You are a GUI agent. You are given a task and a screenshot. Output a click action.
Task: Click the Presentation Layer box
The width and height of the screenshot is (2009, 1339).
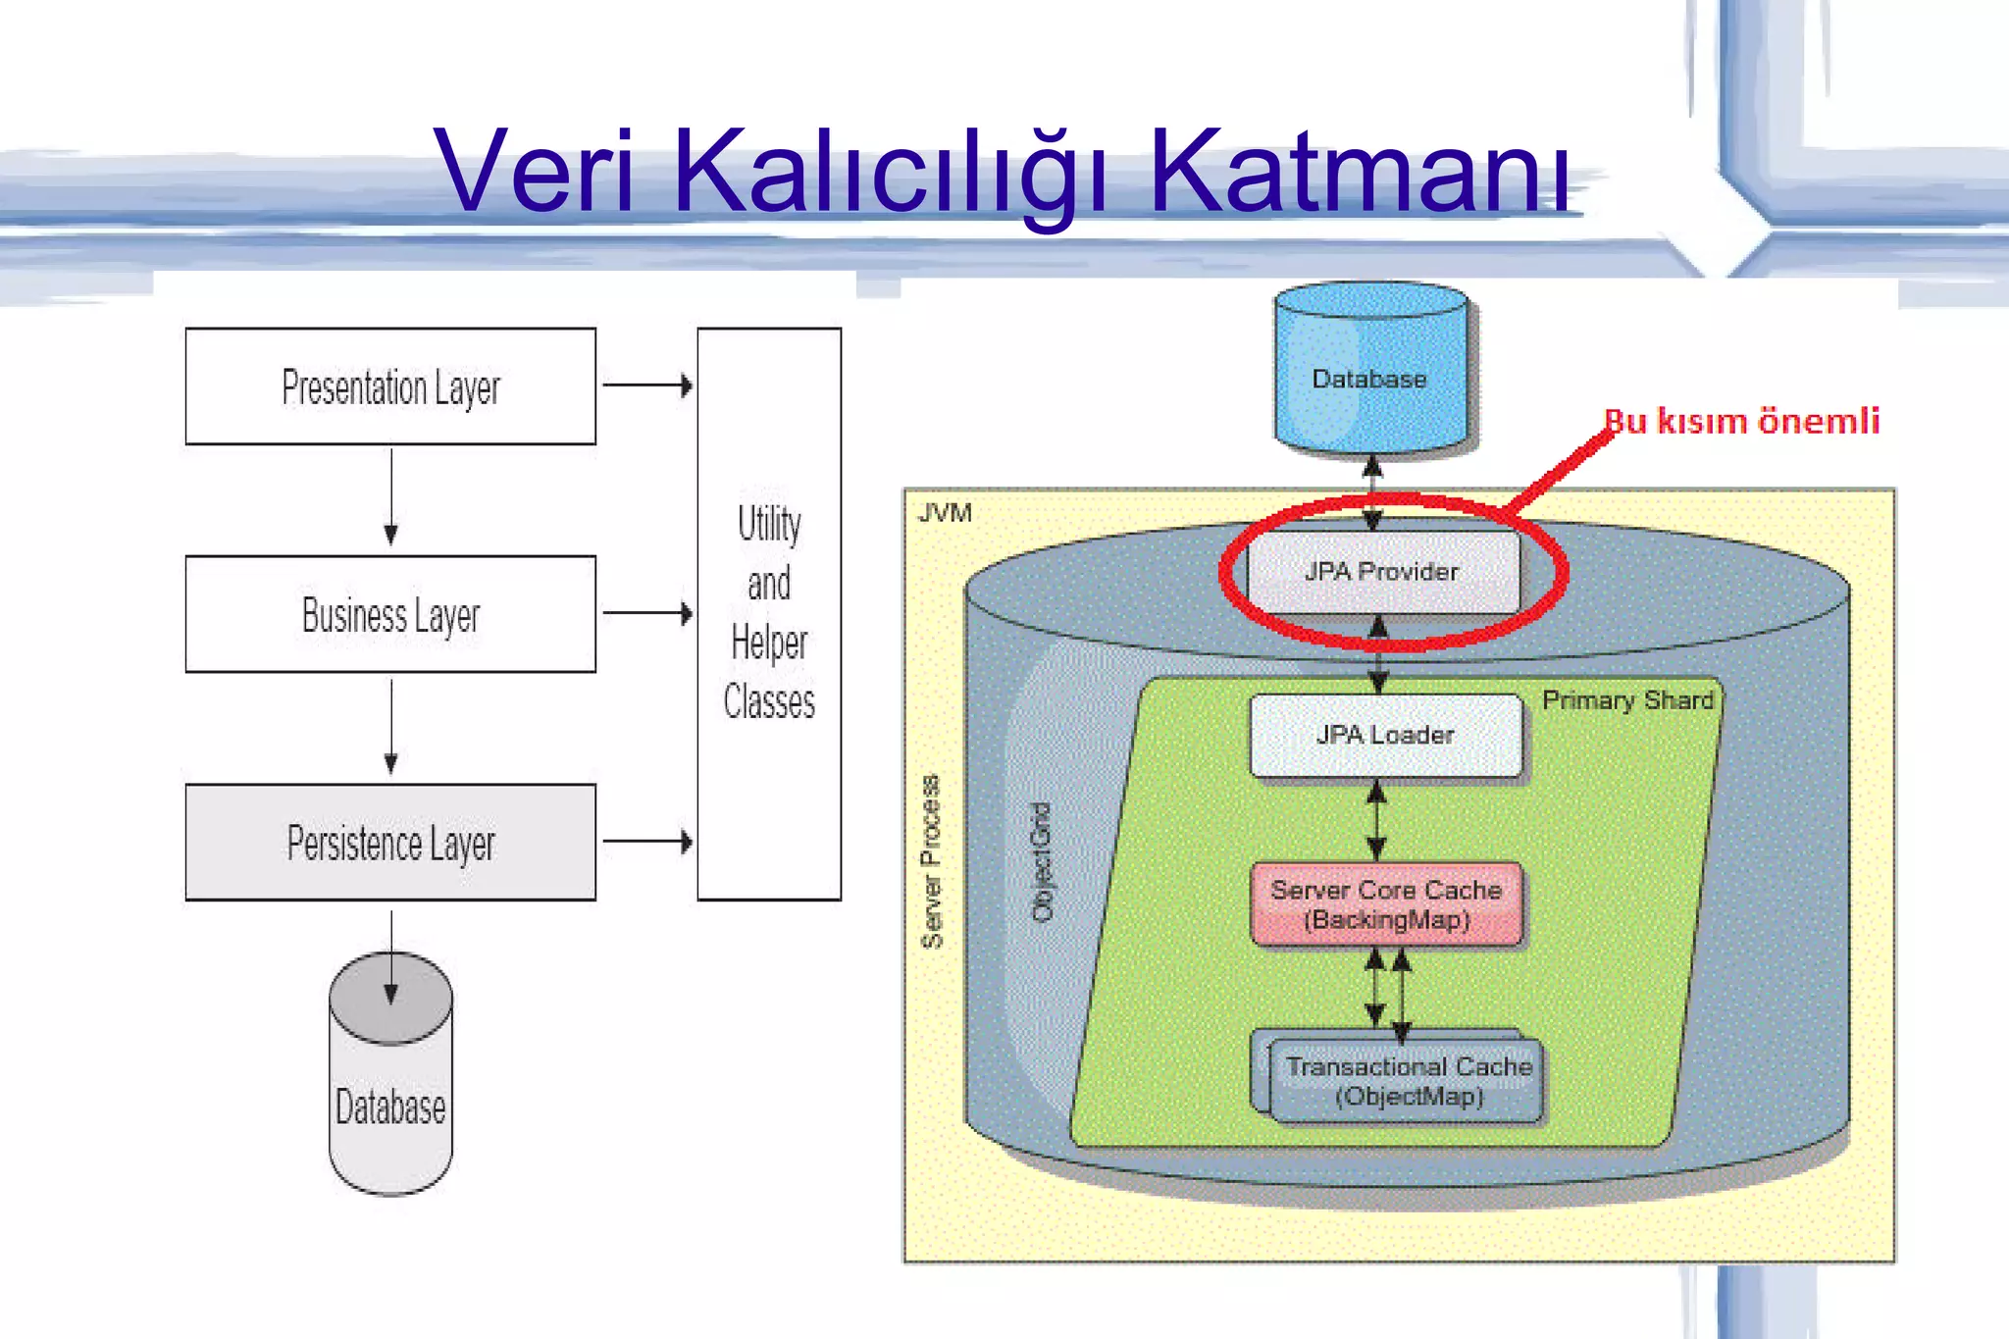coord(390,386)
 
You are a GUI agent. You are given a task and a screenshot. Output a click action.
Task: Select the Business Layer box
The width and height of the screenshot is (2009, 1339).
coord(390,614)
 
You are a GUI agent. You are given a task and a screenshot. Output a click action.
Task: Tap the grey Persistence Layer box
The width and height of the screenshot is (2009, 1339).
coord(390,843)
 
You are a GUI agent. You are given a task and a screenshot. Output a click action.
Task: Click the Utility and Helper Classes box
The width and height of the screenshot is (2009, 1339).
coord(769,614)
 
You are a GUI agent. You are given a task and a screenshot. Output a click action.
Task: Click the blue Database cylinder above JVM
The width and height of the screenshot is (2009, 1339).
coord(1370,373)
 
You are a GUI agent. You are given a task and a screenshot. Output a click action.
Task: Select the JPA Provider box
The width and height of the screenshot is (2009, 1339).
coord(1382,571)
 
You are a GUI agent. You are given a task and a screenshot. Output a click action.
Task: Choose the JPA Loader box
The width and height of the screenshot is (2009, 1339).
coord(1385,735)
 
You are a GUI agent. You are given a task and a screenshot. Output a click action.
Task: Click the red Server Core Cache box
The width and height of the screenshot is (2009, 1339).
coord(1386,904)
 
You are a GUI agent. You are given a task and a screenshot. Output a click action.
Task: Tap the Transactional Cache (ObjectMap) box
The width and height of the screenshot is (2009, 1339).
coord(1408,1081)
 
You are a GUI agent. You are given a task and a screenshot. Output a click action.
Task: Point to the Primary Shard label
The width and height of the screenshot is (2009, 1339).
coord(1627,700)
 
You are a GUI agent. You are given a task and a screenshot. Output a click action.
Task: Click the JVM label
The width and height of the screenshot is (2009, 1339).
coord(945,513)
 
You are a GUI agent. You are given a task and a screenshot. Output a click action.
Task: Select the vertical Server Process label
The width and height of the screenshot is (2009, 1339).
coord(931,861)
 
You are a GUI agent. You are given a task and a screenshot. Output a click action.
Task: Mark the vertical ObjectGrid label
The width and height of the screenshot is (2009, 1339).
coord(1042,861)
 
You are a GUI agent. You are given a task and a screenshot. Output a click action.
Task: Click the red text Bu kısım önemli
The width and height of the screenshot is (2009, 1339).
coord(1742,421)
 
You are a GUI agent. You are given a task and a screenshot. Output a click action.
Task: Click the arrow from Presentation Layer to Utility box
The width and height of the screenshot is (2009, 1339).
coord(646,386)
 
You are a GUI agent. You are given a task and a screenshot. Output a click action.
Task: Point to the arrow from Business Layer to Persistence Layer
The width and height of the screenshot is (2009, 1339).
coord(391,726)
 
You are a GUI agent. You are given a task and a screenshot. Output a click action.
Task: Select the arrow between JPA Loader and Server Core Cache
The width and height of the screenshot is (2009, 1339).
coord(1377,819)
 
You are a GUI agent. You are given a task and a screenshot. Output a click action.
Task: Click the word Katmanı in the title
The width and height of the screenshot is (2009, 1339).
coord(1360,172)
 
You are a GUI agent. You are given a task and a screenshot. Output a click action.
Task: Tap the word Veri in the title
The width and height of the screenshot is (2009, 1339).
coord(536,172)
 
